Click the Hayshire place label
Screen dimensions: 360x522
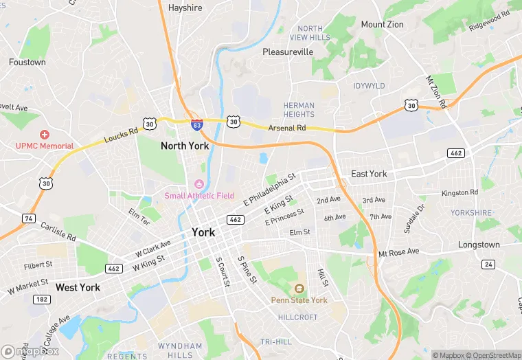pos(185,8)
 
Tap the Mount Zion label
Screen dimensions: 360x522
pos(383,24)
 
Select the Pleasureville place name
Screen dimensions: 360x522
pos(288,52)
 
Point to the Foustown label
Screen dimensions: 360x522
pos(27,62)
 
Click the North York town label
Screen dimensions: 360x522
pos(185,146)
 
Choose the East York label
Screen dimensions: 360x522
pos(369,174)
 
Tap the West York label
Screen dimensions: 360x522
pos(78,287)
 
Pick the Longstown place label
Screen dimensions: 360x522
pos(479,245)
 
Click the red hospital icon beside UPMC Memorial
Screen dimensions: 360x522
pos(45,135)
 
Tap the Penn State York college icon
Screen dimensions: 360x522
pos(299,289)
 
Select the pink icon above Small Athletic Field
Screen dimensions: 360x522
pos(199,183)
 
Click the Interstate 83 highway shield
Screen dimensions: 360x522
pos(197,125)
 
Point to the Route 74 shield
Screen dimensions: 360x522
pos(28,218)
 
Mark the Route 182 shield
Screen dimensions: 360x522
pos(41,300)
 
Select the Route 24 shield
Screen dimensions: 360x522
pos(488,264)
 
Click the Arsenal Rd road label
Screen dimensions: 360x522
pos(287,128)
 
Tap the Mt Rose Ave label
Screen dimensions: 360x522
pos(399,252)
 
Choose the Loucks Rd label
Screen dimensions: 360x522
pos(121,133)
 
